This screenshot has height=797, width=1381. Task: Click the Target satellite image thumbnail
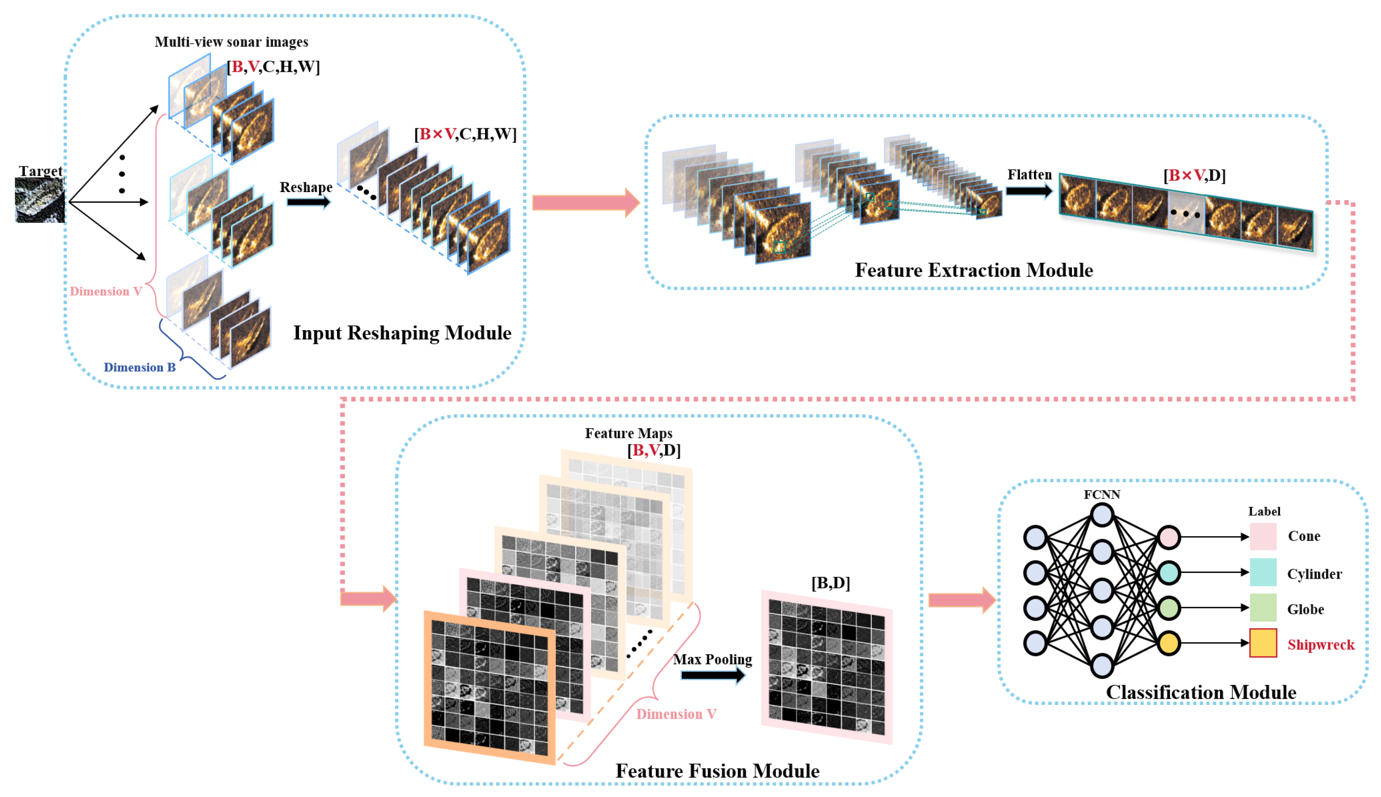(39, 201)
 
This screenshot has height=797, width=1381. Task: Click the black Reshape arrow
(309, 202)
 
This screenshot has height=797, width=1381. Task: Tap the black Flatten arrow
(1028, 191)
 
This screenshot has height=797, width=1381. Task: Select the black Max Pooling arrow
(713, 675)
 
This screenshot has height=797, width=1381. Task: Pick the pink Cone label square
(1262, 537)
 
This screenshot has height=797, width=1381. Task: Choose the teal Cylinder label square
(1262, 572)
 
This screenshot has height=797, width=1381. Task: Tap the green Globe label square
(1262, 607)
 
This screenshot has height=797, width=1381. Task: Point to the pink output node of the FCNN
(1168, 537)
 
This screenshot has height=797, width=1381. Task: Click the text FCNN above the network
(1102, 494)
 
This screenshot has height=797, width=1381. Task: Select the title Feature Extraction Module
(973, 270)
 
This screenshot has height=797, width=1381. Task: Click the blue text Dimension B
(140, 367)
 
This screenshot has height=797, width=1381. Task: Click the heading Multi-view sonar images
(231, 42)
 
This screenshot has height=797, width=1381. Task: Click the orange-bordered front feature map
(489, 687)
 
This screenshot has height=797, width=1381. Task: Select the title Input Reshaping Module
(402, 333)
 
